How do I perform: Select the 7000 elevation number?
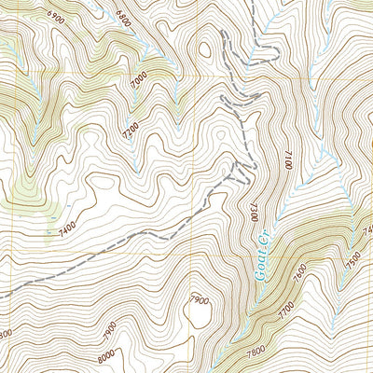click(140, 84)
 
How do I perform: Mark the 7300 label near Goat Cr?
click(252, 206)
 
